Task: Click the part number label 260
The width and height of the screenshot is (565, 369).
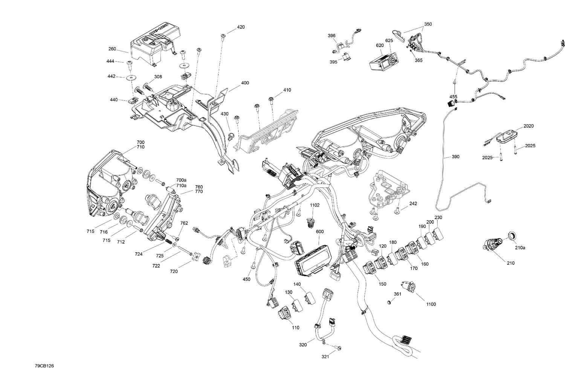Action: pos(112,49)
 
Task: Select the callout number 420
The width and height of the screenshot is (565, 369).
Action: pos(241,27)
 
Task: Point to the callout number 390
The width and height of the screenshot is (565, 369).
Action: pos(455,157)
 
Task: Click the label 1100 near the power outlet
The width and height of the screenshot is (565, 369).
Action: pos(431,304)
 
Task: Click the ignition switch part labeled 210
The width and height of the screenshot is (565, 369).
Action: pos(492,245)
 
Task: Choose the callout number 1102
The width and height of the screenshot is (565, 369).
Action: pos(315,205)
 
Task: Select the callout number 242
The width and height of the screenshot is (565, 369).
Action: pos(413,204)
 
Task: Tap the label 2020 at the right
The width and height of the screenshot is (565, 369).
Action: pos(528,126)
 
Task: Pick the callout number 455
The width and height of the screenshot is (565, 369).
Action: pos(454,97)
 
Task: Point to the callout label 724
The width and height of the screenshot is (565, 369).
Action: pos(139,254)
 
